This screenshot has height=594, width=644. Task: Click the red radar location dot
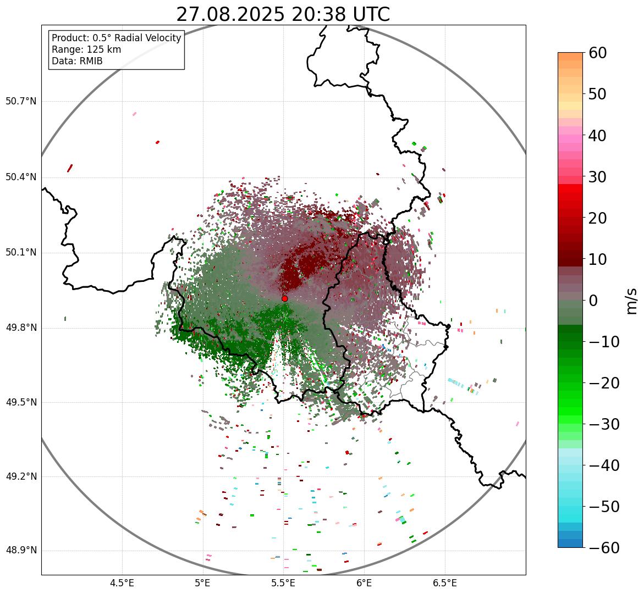284,298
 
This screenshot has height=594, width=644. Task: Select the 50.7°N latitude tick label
21,102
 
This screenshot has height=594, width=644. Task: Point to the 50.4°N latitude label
21,177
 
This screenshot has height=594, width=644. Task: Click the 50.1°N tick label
21,253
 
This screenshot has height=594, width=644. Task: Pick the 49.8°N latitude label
21,328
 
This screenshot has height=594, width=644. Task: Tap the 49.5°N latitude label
21,402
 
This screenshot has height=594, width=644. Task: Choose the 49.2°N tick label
21,476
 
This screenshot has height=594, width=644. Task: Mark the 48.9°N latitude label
21,551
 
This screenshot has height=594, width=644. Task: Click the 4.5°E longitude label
122,583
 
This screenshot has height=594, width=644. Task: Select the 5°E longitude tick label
203,583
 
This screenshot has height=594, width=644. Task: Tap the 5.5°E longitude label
283,583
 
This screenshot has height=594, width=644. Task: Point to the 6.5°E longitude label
444,583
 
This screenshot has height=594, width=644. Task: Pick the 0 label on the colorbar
593,301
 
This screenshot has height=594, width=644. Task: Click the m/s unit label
631,301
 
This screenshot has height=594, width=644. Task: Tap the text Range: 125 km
86,49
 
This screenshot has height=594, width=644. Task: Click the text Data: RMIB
77,61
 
